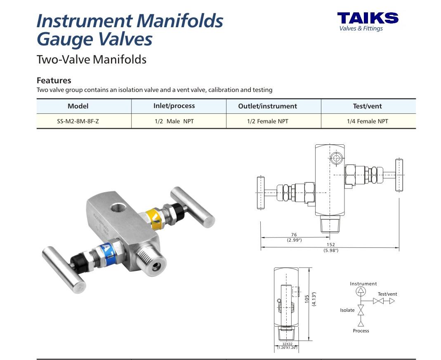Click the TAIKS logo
pos(368,21)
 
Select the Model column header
pos(78,106)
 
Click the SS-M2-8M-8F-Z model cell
pos(78,121)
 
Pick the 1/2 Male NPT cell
pos(174,121)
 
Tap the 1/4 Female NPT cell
pos(367,121)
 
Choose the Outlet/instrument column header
pos(267,106)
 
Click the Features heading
pos(54,80)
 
